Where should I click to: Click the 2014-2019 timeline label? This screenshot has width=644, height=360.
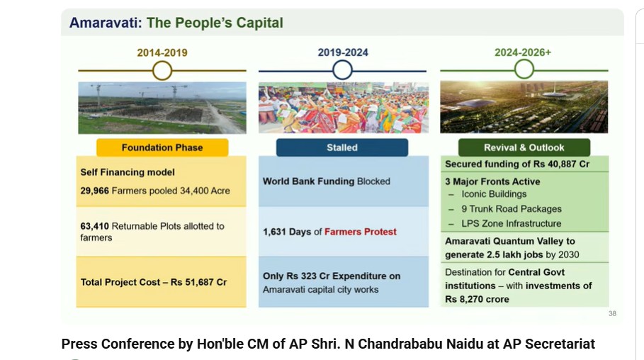coord(162,52)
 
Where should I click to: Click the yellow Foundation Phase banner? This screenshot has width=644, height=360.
coord(162,147)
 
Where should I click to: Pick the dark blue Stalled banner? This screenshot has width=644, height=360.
coord(342,147)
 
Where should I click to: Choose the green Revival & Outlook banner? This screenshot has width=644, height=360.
coord(524,147)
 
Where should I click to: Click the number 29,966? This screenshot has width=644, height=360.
coord(95,191)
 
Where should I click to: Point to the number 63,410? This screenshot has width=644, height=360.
coord(95,226)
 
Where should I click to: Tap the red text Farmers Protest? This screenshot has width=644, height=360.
coord(361,232)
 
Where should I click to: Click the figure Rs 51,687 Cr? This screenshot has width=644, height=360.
coord(199,282)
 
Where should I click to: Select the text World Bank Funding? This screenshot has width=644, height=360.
coord(308,181)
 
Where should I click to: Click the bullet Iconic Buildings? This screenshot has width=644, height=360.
coord(494,194)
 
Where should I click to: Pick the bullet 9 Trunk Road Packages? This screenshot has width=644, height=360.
coord(512,209)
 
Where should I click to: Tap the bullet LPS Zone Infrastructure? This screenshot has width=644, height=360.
coord(512,223)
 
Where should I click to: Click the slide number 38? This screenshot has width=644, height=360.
coord(612,313)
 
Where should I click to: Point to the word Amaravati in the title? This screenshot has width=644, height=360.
coord(106,23)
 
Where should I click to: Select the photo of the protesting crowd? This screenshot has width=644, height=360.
coord(344,107)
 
